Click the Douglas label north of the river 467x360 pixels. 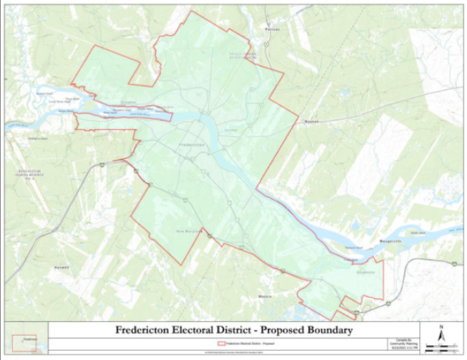click(x=128, y=101)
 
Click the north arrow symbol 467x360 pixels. click(x=442, y=334)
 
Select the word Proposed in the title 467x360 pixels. click(x=286, y=331)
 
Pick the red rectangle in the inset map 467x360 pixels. click(x=24, y=342)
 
